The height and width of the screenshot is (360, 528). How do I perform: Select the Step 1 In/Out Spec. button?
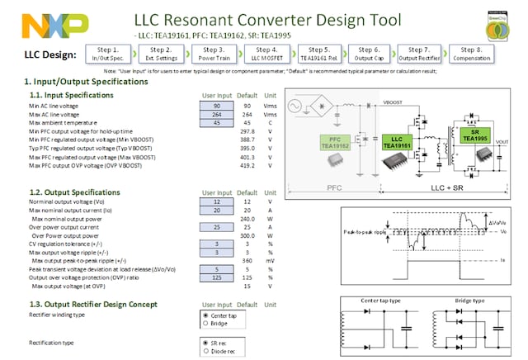point(109,54)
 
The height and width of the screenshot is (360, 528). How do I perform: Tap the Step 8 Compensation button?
point(472,54)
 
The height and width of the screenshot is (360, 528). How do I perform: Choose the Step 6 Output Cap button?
point(369,54)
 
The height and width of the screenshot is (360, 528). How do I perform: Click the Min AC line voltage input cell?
point(217,106)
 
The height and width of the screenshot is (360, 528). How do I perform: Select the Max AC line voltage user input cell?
point(217,115)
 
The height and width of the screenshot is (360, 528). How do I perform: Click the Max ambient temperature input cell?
point(217,123)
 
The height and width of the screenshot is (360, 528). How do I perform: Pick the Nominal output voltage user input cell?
point(217,201)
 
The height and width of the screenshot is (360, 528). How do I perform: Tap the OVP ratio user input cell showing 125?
point(217,277)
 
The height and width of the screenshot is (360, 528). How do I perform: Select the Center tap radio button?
point(205,315)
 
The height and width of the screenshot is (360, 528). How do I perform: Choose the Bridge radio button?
point(205,323)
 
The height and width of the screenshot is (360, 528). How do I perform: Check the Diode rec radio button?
point(205,350)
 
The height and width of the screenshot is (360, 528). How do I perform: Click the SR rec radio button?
point(205,342)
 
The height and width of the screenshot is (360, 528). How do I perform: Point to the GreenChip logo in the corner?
point(498,25)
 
